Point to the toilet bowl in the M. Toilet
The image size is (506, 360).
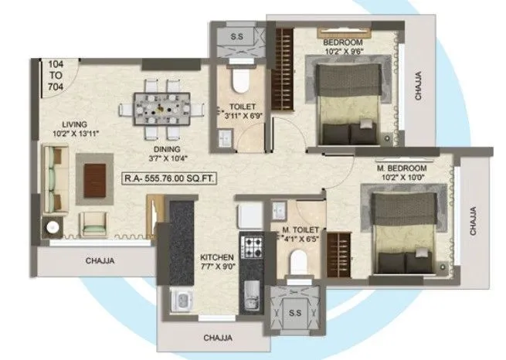click(296, 267)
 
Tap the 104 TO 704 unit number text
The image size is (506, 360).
click(55, 76)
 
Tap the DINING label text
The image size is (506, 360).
click(167, 149)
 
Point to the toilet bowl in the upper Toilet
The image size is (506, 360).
click(239, 80)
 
